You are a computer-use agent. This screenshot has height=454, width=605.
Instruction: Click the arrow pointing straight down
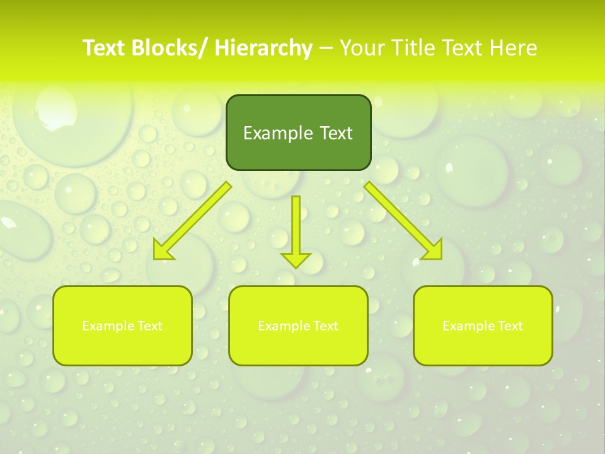tap(296, 227)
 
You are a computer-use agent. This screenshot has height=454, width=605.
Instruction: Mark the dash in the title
tap(326, 48)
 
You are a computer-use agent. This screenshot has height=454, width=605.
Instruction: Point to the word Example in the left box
tap(105, 326)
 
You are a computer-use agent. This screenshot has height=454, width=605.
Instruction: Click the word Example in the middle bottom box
tap(280, 326)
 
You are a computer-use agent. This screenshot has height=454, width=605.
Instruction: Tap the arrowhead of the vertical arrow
tap(296, 259)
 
